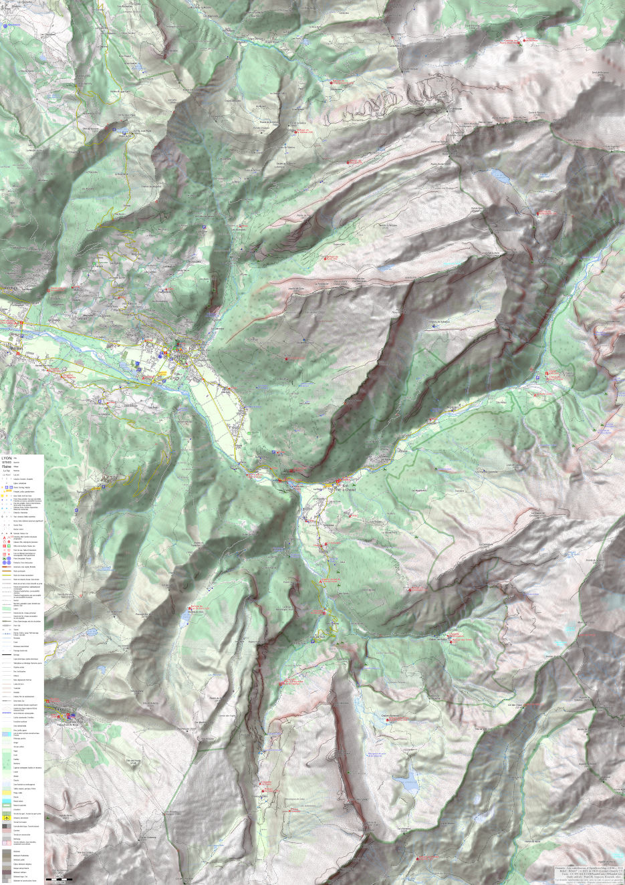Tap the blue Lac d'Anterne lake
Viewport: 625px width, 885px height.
(405, 780)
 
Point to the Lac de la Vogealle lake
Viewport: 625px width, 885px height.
(500, 176)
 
